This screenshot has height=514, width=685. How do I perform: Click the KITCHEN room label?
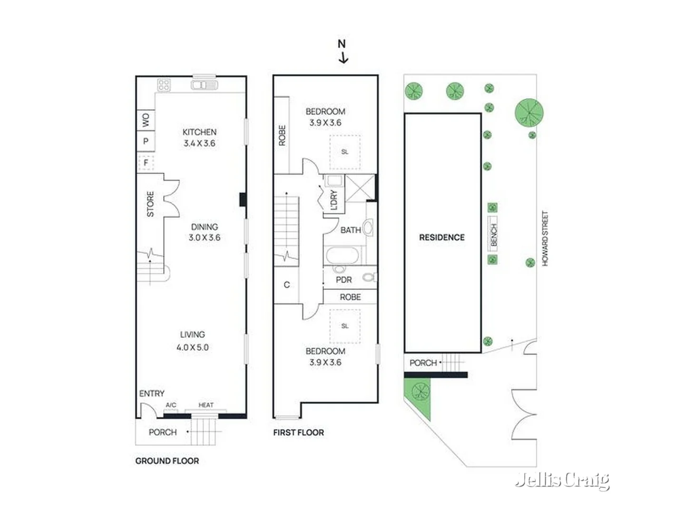coord(199,132)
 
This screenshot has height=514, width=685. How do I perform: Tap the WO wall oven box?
coord(146,120)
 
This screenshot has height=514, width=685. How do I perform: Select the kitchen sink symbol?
coord(205,85)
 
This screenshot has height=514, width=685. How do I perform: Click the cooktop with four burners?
coord(164,85)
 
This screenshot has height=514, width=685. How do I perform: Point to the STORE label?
coord(150,204)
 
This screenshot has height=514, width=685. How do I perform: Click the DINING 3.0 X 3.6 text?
coord(205,232)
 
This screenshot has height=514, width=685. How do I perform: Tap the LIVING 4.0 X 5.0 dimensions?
coord(193,347)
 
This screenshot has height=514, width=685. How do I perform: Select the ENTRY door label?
coord(152,394)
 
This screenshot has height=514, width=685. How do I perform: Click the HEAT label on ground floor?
coord(206,405)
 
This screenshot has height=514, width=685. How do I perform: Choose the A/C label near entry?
coord(171,405)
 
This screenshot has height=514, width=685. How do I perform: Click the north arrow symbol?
coord(342,52)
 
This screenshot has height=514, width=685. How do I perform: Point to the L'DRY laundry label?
coord(333,200)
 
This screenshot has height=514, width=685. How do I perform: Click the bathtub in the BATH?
coord(342,256)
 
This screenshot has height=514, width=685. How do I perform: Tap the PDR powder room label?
coord(344,280)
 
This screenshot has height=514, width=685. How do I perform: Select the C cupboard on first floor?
coord(286,285)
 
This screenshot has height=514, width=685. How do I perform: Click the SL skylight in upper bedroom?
coord(345,152)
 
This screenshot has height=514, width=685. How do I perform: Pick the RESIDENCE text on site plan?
coord(441,237)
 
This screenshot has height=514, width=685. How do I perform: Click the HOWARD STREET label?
coord(545,238)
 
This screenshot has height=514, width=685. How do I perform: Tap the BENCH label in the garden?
coord(493,235)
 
